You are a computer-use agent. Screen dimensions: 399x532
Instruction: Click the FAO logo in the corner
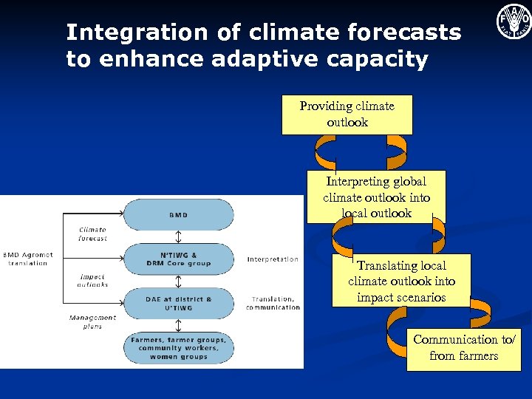pyautogui.click(x=514, y=21)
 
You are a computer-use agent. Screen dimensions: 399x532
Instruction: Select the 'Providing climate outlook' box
pyautogui.click(x=347, y=114)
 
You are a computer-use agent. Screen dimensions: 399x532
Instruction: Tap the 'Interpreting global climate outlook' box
pyautogui.click(x=376, y=197)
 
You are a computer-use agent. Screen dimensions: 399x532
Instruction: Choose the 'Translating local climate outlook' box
pyautogui.click(x=401, y=281)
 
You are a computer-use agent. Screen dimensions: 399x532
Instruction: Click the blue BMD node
pyautogui.click(x=177, y=214)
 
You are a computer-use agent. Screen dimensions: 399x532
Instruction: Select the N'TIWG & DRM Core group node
pyautogui.click(x=177, y=259)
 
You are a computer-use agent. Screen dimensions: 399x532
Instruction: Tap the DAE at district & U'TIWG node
pyautogui.click(x=177, y=303)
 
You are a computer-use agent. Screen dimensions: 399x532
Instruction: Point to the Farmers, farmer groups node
pyautogui.click(x=177, y=348)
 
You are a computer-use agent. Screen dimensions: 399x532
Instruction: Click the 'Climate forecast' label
pyautogui.click(x=92, y=234)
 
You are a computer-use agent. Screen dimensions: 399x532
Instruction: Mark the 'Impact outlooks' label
pyautogui.click(x=92, y=280)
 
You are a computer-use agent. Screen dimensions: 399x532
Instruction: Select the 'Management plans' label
pyautogui.click(x=92, y=321)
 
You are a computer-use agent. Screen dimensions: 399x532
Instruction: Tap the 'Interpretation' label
pyautogui.click(x=273, y=259)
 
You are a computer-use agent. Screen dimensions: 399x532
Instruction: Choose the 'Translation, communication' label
pyautogui.click(x=273, y=303)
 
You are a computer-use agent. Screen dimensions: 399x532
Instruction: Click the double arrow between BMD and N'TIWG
pyautogui.click(x=177, y=237)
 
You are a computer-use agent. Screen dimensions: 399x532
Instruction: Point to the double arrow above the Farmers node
pyautogui.click(x=177, y=326)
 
